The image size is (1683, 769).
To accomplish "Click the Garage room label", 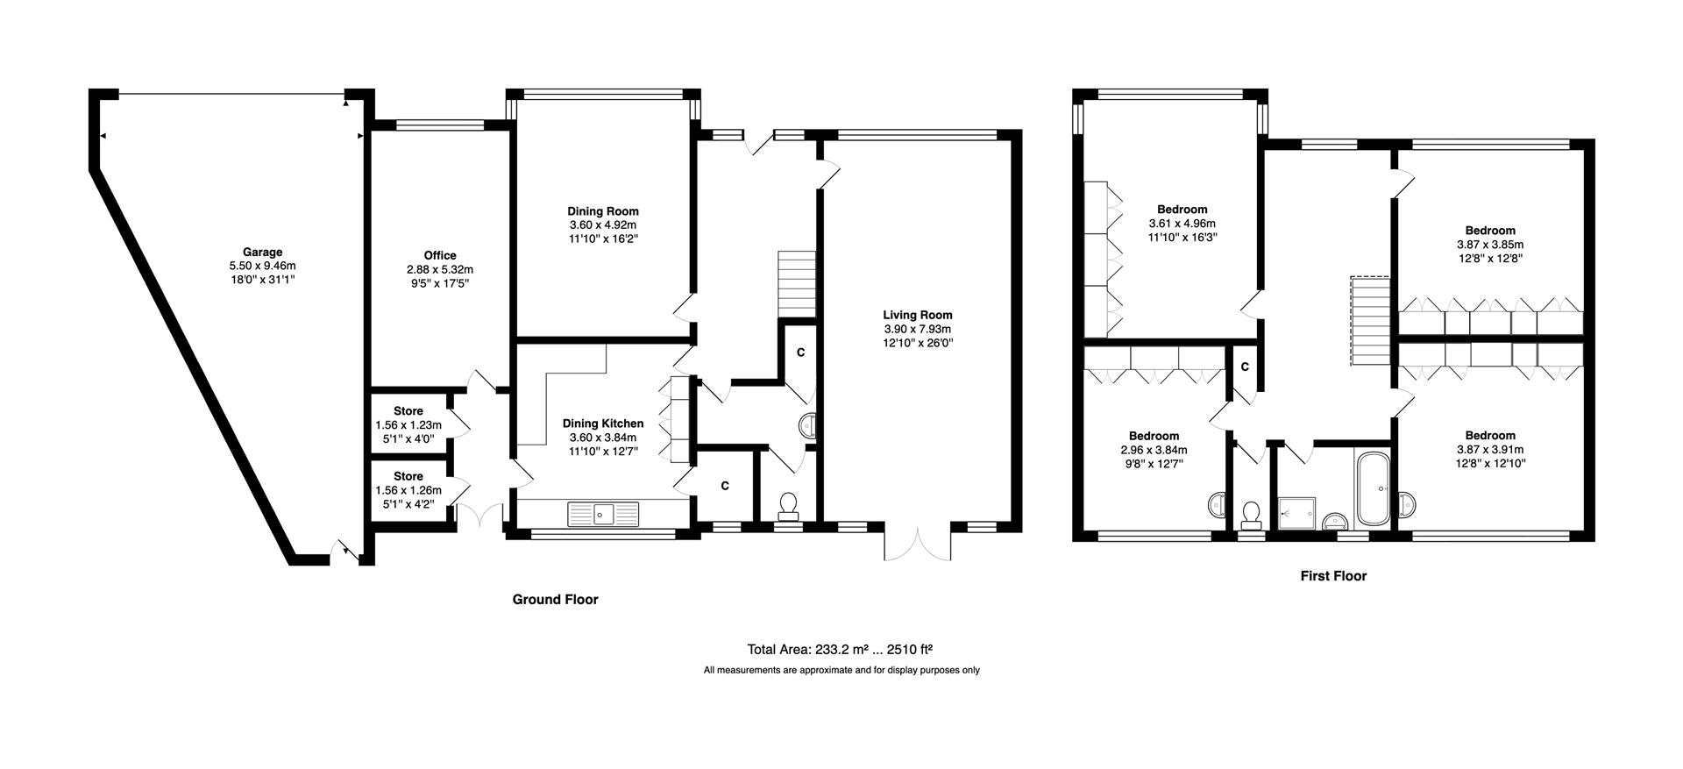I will click(x=262, y=253).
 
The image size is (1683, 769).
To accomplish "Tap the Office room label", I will click(x=440, y=256).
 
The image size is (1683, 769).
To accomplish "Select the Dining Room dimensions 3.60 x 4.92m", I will click(x=602, y=225).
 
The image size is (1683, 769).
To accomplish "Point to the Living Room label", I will click(x=917, y=315).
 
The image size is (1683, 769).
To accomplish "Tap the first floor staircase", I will click(x=1370, y=322).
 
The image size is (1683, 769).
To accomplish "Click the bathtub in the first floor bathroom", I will click(x=1374, y=488).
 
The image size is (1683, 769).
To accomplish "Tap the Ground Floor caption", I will click(x=555, y=600).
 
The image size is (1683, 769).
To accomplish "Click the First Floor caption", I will click(x=1332, y=576).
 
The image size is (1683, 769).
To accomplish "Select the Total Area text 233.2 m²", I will click(x=839, y=650).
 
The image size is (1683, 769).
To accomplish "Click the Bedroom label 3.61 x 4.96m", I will click(x=1182, y=210).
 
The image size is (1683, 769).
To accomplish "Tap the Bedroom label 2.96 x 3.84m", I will click(x=1154, y=436).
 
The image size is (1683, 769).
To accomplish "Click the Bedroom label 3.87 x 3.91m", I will click(x=1490, y=436).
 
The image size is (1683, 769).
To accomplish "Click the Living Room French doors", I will click(x=918, y=544).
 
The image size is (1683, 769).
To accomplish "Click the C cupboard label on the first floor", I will click(x=1244, y=366).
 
